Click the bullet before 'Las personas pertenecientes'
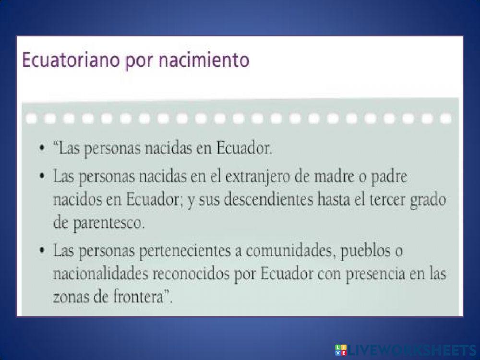pos(43,251)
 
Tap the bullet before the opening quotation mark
pos(43,148)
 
